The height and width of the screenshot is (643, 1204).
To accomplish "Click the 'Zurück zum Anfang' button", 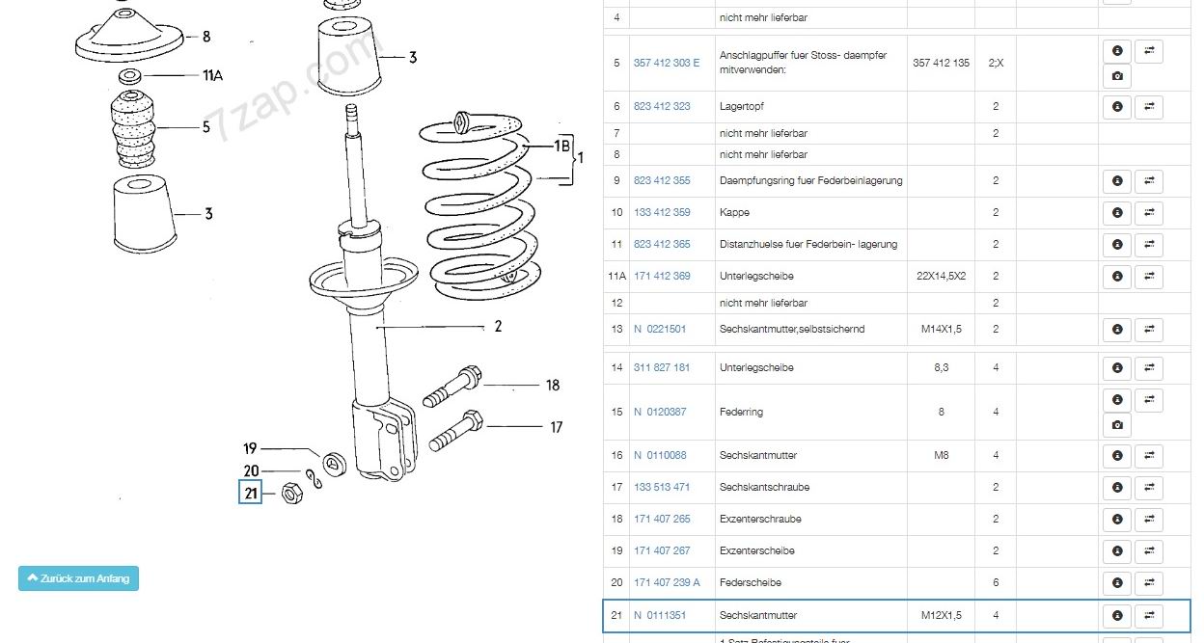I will point(78,578).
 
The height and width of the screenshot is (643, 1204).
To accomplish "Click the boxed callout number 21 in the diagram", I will point(251,494).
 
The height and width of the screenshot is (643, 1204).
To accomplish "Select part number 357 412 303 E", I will point(667,63).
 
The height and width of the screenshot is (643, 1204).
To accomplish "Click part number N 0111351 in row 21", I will point(660,615).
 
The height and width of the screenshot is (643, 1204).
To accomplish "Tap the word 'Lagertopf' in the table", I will point(742,106).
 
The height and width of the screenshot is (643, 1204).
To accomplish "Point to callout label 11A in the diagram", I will point(212,76).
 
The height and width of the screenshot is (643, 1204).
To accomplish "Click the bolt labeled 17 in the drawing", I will point(451,431).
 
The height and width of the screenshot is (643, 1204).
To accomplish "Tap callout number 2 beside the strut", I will point(498,327).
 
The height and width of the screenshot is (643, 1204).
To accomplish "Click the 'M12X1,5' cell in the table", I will point(942,615).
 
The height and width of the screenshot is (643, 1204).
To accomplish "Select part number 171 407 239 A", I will point(667,582).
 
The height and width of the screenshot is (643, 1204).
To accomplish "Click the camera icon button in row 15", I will point(1117,425).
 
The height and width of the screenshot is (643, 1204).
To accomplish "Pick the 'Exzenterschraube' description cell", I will point(760,519).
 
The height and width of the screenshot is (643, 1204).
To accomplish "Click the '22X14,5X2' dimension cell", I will point(942,276).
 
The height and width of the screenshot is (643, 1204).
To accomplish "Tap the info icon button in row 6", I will point(1117,106).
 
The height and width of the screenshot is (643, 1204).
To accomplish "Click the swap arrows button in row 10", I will point(1148,212).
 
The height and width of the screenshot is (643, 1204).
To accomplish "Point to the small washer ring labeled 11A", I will point(130,75).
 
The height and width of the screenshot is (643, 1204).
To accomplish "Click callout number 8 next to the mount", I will point(206,37).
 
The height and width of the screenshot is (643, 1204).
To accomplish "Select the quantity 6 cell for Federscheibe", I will point(996,582).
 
